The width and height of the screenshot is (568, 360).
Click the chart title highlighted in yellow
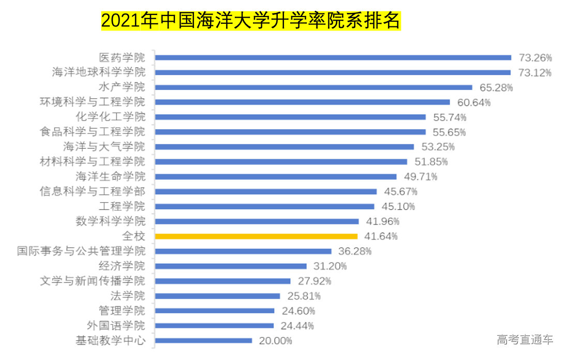(250, 21)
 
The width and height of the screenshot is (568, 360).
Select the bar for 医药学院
(333, 57)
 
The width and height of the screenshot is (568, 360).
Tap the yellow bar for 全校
(256, 236)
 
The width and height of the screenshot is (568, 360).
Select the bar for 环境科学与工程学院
(302, 102)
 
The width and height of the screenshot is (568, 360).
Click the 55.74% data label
(449, 117)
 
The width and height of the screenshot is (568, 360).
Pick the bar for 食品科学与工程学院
(290, 132)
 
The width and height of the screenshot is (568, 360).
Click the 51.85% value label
(431, 162)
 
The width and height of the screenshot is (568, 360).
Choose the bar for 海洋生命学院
(276, 177)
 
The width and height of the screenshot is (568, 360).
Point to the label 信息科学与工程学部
(93, 191)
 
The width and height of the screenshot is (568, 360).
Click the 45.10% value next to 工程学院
(398, 207)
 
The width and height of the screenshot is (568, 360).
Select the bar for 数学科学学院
(257, 221)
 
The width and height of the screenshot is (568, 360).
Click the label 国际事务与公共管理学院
(81, 251)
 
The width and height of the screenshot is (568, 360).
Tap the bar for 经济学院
(231, 266)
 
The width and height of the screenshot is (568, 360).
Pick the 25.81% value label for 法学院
(304, 296)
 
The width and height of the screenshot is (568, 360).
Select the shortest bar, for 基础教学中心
(203, 340)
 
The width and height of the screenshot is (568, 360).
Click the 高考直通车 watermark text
(525, 340)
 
